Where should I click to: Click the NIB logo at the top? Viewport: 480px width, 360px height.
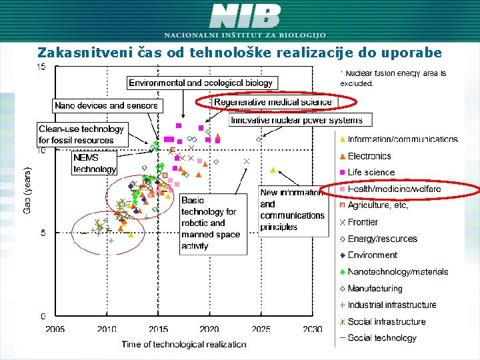click(x=245, y=16)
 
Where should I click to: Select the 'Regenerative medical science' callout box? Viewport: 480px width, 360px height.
click(x=273, y=102)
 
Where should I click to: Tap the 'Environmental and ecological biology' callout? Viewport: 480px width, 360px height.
click(x=201, y=83)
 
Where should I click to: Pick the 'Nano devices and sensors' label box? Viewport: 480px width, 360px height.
click(x=107, y=105)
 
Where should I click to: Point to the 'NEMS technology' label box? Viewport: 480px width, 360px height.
click(x=94, y=163)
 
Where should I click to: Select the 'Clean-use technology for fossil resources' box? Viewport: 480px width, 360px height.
click(x=81, y=135)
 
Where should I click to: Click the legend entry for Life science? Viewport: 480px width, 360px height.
click(x=371, y=173)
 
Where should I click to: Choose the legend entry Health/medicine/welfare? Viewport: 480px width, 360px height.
click(x=393, y=189)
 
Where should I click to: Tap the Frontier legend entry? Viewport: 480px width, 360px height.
click(x=363, y=222)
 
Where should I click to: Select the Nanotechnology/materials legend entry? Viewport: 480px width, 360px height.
click(x=397, y=272)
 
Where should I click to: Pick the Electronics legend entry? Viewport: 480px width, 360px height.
click(x=369, y=156)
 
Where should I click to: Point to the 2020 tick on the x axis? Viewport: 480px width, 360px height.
click(x=209, y=329)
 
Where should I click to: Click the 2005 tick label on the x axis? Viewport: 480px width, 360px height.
click(x=55, y=329)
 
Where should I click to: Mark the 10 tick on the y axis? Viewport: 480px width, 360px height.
click(x=42, y=151)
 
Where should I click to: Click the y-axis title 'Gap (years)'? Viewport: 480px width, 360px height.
click(x=28, y=191)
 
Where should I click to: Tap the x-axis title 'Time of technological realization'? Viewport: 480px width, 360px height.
click(x=183, y=345)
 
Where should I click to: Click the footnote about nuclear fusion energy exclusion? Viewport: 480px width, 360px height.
click(x=393, y=78)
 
